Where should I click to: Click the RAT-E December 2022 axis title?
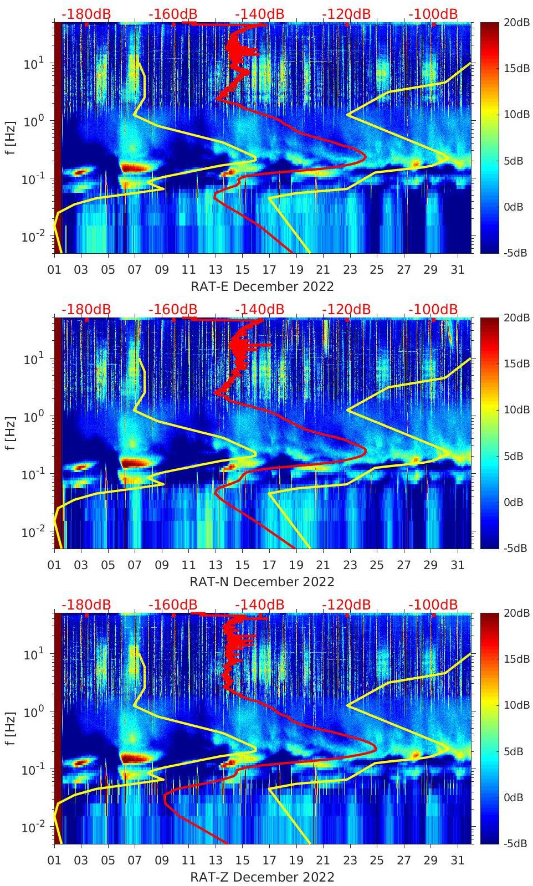(262, 286)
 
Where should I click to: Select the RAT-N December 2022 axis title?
(262, 582)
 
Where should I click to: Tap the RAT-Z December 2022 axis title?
(262, 877)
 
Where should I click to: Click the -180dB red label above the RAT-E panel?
(86, 14)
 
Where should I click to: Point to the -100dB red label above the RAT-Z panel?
(433, 605)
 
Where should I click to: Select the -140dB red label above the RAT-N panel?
(259, 309)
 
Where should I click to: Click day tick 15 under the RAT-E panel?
(242, 270)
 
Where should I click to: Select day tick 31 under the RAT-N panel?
(457, 565)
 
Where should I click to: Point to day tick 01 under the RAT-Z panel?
(54, 861)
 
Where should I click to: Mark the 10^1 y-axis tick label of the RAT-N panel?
(34, 359)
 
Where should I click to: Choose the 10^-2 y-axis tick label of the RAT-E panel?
(32, 237)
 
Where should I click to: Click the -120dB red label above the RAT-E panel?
(346, 14)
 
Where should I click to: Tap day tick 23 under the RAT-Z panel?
(350, 861)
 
